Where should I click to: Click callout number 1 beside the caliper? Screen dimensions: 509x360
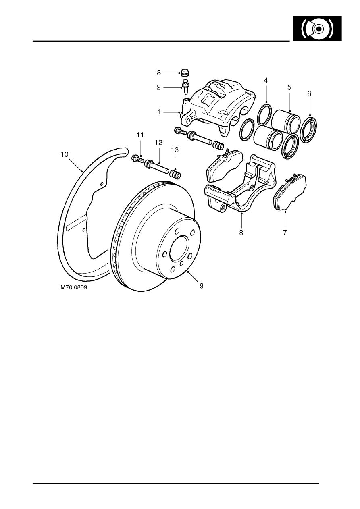(x=159, y=112)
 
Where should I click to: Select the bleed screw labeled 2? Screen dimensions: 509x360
(x=186, y=87)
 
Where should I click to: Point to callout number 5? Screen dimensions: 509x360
(x=289, y=87)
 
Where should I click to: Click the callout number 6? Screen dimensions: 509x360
(x=309, y=93)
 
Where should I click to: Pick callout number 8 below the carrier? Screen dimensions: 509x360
(x=241, y=233)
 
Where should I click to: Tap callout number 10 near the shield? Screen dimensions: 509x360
(x=64, y=154)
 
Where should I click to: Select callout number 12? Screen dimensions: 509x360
(x=158, y=142)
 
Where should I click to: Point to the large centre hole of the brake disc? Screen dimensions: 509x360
(x=179, y=249)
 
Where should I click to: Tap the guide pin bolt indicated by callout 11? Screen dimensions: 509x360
(x=137, y=159)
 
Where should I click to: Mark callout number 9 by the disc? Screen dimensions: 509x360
(x=201, y=285)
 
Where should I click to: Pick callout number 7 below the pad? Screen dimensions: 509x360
(x=285, y=233)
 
